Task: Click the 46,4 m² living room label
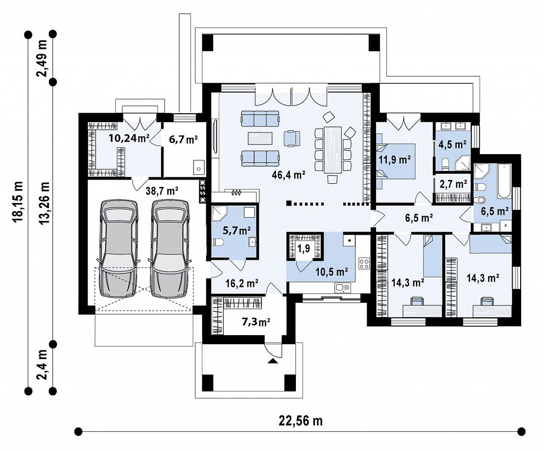coord(288,175)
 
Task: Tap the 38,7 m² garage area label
coord(162,191)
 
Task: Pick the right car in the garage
coord(171,248)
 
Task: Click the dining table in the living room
coord(333,149)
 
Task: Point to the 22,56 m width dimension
coord(301,421)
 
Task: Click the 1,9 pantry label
coord(303,249)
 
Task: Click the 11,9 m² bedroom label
coord(395,159)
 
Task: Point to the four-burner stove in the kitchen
coord(364,263)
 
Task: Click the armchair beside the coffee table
coord(292,138)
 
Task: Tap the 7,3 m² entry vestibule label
coord(256,322)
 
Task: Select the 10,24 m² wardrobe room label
coord(129,139)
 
